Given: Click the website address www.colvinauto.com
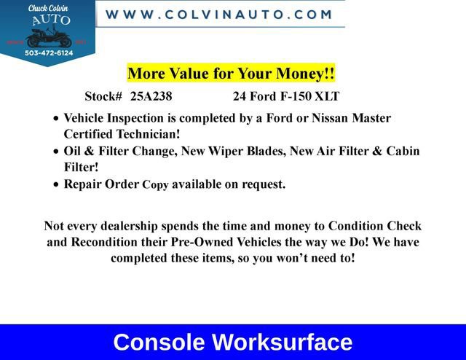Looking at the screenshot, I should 219,14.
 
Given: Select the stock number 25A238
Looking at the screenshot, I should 151,96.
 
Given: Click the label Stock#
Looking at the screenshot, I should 103,96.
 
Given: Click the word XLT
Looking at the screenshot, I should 328,96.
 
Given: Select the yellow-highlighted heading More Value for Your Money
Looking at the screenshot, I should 231,74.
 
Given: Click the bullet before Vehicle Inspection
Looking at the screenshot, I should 57,119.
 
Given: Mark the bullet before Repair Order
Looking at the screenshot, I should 57,185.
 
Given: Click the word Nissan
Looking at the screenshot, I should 337,118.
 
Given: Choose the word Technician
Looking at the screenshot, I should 144,135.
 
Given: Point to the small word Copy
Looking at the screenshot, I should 155,185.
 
